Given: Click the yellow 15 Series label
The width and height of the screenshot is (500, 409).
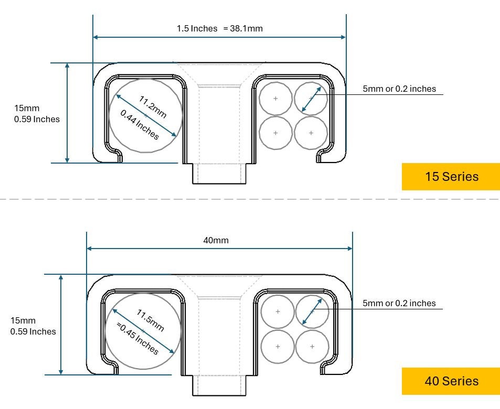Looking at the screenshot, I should click(451, 177).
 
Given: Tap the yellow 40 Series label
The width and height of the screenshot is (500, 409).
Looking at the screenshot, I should click(451, 381).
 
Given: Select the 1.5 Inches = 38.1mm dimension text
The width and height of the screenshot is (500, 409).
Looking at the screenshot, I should click(219, 28).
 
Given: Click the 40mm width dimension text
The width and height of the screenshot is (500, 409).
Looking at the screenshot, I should click(216, 240).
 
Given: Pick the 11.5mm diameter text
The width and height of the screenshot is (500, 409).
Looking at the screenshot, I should click(151, 320).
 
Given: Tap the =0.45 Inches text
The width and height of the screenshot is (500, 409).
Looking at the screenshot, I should click(137, 339).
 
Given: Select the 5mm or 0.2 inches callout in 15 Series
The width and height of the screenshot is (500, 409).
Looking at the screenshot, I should click(399, 89).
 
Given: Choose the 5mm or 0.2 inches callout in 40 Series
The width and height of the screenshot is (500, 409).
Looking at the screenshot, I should click(399, 303).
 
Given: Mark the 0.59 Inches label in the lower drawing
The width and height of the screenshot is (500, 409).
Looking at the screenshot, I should click(33, 331).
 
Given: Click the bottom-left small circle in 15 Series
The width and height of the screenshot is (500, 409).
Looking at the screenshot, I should click(276, 133).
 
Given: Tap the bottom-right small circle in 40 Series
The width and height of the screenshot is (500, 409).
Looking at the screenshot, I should click(312, 347).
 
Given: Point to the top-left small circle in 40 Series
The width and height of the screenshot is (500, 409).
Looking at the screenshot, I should click(278, 312).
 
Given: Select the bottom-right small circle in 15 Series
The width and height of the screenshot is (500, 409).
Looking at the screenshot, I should click(311, 133).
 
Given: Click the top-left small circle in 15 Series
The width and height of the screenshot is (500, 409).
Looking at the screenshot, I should click(276, 99).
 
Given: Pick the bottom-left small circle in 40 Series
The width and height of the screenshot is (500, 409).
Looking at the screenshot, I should click(278, 347).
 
